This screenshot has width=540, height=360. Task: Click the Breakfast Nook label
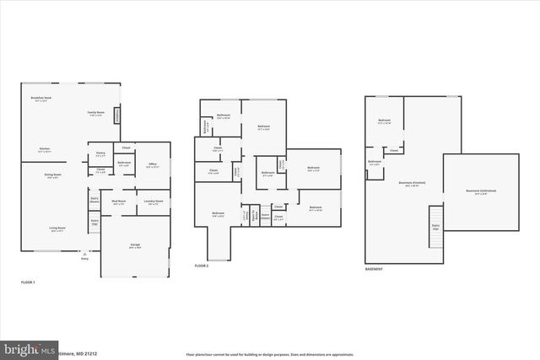pos(41,99)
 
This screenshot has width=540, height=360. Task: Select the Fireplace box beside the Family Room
pos(117,112)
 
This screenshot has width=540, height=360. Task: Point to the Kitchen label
pos(44,149)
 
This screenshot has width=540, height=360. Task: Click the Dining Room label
pos(52,175)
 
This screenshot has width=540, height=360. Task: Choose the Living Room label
pos(57,228)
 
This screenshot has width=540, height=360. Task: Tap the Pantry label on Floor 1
pos(100,154)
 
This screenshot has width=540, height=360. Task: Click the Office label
pos(153,164)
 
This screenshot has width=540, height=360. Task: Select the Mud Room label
pos(119,202)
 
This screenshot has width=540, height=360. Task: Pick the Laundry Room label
pos(153,202)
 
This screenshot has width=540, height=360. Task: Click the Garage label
pos(135,246)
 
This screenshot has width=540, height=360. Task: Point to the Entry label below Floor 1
pos(84,259)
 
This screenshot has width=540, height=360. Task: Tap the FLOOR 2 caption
pos(201,266)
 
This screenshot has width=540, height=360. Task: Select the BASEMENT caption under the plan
pos(374,269)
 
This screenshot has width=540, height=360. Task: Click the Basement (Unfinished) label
pos(481,192)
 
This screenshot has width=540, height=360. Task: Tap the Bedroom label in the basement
pos(384,121)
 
